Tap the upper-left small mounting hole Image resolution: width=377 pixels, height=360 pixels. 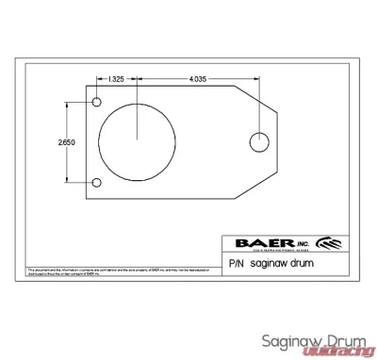click(x=96, y=102)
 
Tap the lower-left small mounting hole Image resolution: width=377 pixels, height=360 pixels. click(x=96, y=182)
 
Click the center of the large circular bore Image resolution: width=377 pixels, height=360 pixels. click(x=138, y=141)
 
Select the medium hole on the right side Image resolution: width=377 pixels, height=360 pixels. click(x=258, y=142)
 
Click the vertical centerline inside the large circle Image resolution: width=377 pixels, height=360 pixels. click(x=138, y=118)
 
